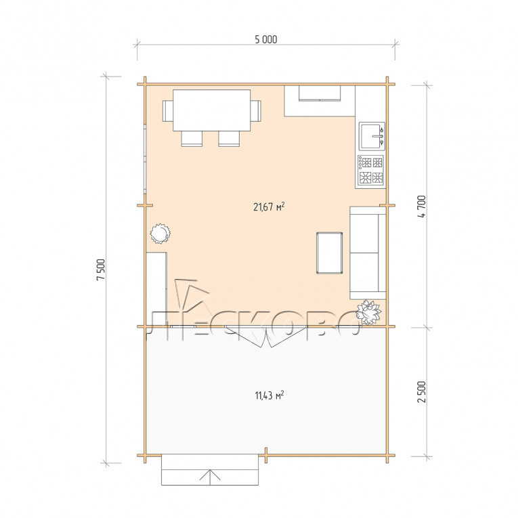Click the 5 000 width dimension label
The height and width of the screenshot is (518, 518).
[x=266, y=40]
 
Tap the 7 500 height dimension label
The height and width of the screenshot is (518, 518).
[x=100, y=269]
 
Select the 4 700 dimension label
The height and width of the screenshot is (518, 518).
[x=422, y=206]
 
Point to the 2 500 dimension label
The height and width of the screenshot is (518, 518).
[x=422, y=392]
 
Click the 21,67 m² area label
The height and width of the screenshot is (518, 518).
[x=269, y=207]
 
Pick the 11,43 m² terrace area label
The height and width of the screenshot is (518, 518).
[x=269, y=395]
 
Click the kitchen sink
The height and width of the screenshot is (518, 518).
[x=372, y=135]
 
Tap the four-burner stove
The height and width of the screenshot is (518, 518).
[x=371, y=171]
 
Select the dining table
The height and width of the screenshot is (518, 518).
[x=212, y=110]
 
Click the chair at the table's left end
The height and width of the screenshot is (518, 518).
[x=168, y=111]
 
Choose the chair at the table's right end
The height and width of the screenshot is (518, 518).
[x=256, y=111]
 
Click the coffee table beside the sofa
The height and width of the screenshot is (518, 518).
[x=329, y=253]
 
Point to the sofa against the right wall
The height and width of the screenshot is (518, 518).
[x=368, y=253]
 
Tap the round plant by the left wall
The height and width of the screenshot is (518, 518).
[x=160, y=234]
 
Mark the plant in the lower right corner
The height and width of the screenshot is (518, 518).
[x=368, y=311]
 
